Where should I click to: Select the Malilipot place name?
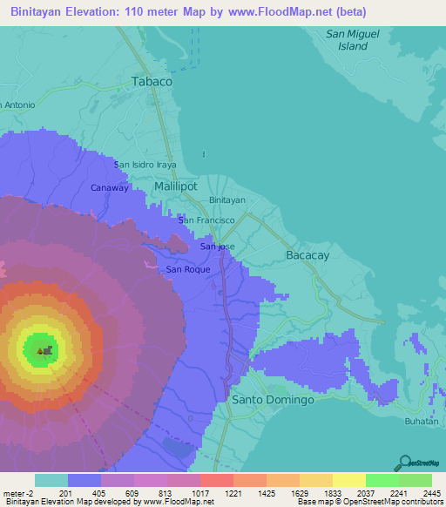pyautogui.click(x=175, y=186)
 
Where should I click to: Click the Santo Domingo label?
pyautogui.click(x=273, y=400)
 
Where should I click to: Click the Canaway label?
pyautogui.click(x=110, y=187)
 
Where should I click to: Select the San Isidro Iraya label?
pyautogui.click(x=145, y=164)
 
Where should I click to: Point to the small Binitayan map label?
pyautogui.click(x=227, y=199)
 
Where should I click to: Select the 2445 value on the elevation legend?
pyautogui.click(x=431, y=493)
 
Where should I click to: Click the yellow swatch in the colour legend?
pyautogui.click(x=348, y=480)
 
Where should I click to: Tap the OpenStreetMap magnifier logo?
pyautogui.click(x=405, y=462)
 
